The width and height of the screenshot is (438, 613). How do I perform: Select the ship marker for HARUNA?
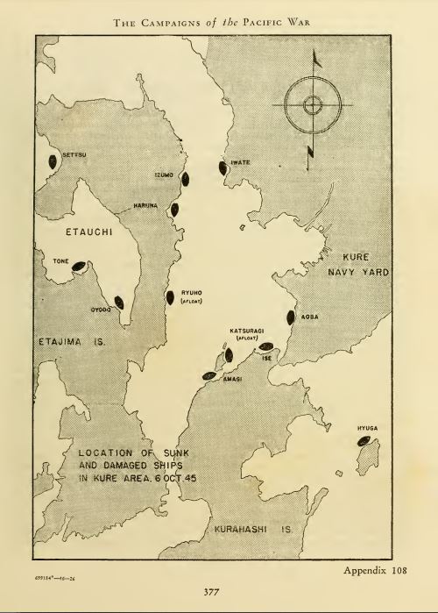175,210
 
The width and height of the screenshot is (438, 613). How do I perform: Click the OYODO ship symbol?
119,303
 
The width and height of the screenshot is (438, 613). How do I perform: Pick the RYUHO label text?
192,294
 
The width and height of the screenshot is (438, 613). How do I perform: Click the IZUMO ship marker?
185,179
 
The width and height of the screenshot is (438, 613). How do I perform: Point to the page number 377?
219,592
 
